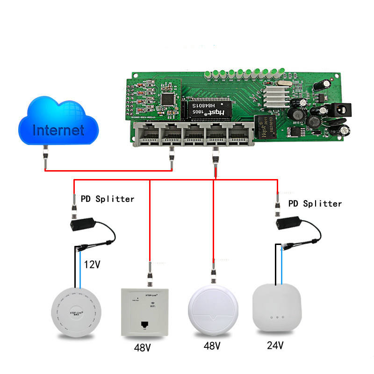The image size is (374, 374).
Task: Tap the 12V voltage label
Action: pyautogui.click(x=93, y=265)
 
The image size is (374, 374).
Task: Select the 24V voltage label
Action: pyautogui.click(x=275, y=345)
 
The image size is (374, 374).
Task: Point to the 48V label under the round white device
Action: pyautogui.click(x=212, y=346)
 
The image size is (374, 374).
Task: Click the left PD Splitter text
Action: pyautogui.click(x=108, y=199)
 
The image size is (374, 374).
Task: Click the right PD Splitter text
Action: pyautogui.click(x=315, y=203)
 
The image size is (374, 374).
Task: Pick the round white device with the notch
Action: pyautogui.click(x=214, y=311)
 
